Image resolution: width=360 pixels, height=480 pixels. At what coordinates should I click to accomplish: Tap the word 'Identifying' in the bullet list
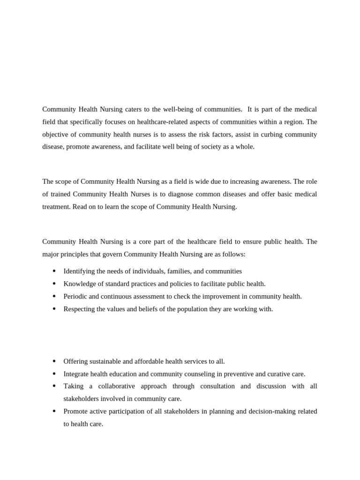[x=79, y=271]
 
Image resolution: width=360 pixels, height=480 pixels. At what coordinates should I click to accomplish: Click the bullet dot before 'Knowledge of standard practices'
[x=54, y=284]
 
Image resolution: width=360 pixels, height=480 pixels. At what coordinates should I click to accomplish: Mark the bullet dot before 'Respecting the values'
[x=54, y=309]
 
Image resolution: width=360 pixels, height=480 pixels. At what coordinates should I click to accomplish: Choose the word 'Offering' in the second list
[x=75, y=361]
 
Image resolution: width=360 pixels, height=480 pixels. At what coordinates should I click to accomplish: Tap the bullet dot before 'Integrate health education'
[x=54, y=374]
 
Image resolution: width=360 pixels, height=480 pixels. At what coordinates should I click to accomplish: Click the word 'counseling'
[x=196, y=374]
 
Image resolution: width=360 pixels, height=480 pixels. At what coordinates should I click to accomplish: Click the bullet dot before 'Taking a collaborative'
[x=54, y=386]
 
